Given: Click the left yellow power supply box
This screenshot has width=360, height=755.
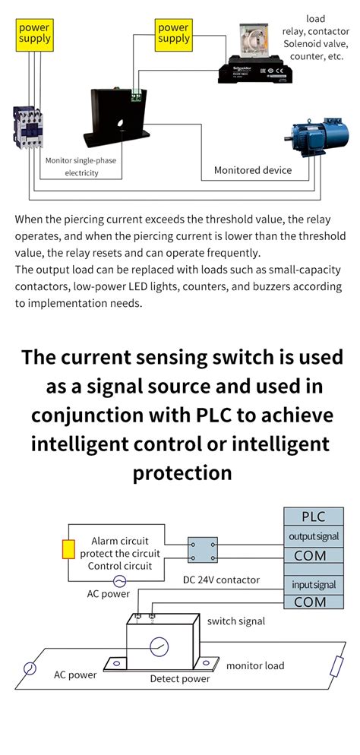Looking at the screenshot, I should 34,33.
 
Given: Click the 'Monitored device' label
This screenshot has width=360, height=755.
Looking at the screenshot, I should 252,170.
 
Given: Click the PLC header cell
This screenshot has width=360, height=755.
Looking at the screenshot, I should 313,516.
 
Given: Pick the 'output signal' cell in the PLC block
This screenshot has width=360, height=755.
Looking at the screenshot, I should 313,536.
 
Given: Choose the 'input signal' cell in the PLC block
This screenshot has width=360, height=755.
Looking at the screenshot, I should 313,585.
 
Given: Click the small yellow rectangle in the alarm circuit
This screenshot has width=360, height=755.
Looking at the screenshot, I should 68,549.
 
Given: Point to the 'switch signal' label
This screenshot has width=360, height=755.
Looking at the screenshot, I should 236,621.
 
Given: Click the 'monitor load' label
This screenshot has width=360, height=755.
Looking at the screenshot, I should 255,665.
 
